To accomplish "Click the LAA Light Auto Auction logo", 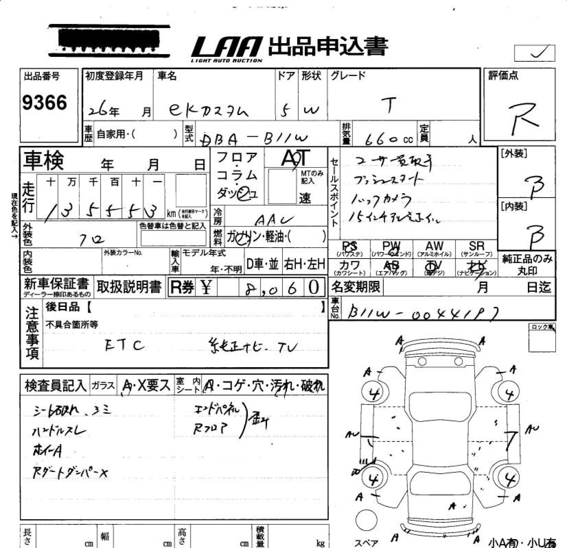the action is click(x=227, y=49).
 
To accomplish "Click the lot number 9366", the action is click(x=45, y=103).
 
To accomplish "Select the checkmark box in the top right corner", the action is click(x=534, y=53).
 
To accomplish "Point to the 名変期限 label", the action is click(x=356, y=287).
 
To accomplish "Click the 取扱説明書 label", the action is click(x=129, y=287).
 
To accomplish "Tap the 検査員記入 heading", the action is click(x=55, y=386).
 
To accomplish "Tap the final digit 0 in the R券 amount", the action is click(x=314, y=287).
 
